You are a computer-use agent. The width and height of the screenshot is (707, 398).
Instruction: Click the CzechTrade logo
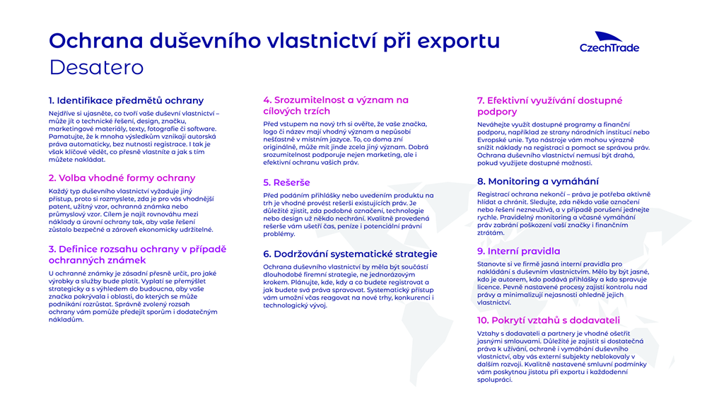coord(609,42)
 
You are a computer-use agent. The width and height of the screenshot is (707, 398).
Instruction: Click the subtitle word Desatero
coord(96,68)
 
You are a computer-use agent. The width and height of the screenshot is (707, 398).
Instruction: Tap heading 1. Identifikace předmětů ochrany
coord(126,100)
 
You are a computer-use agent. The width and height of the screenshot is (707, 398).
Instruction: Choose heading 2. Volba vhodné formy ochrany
coord(122,178)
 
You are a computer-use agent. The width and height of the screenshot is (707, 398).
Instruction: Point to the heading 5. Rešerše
coord(286,182)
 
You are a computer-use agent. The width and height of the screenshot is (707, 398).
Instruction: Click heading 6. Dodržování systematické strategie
coord(350,254)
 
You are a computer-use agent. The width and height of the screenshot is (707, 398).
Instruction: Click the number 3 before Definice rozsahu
coord(52,249)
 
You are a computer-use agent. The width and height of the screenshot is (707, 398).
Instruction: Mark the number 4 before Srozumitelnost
coord(267,100)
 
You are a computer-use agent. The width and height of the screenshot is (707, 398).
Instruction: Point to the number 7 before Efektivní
coord(481,100)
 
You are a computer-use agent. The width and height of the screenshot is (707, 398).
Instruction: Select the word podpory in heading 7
coord(497,112)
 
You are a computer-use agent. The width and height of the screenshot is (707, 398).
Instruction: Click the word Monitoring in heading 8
coord(520,181)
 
